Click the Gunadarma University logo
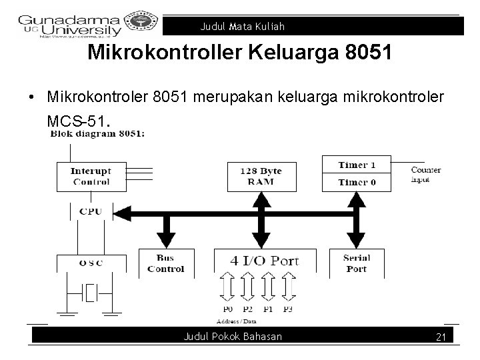point(70,25)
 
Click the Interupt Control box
point(91,176)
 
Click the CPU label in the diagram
point(91,212)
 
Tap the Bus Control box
point(165,264)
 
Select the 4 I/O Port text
point(265,261)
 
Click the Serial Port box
point(356,264)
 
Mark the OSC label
point(91,263)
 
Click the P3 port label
point(288,310)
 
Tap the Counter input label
point(425,175)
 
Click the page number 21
point(440,337)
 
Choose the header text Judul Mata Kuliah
point(242,27)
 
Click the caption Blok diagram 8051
point(97,133)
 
